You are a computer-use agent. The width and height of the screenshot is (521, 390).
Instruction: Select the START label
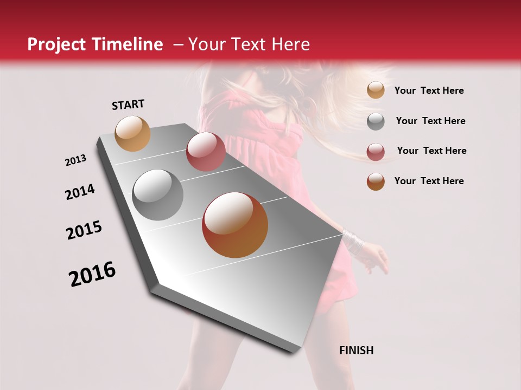coord(128,105)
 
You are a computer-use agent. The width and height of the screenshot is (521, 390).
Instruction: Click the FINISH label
coord(357,350)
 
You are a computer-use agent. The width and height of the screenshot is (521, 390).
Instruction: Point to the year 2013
coord(76,160)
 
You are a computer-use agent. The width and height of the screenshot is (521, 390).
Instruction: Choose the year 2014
coord(80,192)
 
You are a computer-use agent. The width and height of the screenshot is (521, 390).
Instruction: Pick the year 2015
coord(84,230)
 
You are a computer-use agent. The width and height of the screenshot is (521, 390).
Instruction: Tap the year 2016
coord(92,274)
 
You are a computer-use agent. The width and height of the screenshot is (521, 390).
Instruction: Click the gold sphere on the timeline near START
coord(133,133)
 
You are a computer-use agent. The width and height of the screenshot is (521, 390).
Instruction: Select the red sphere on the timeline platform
coord(206,151)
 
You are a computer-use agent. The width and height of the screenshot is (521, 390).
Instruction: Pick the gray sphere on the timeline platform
coord(158,195)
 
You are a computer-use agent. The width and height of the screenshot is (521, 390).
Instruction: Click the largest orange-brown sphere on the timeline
coord(235,225)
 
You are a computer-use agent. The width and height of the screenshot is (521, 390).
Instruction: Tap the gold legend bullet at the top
coord(376,90)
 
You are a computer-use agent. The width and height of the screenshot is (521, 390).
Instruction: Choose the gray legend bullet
coord(376,121)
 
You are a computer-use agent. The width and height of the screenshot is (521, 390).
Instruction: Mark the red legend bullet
coord(376,151)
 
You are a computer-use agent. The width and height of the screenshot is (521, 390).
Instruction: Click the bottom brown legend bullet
coord(376,181)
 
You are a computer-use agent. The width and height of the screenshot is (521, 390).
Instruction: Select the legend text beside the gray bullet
coord(430,121)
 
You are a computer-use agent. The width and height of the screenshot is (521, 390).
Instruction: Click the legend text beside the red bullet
coord(431,151)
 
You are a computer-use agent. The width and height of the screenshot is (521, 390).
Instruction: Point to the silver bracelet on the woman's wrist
coord(353,242)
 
